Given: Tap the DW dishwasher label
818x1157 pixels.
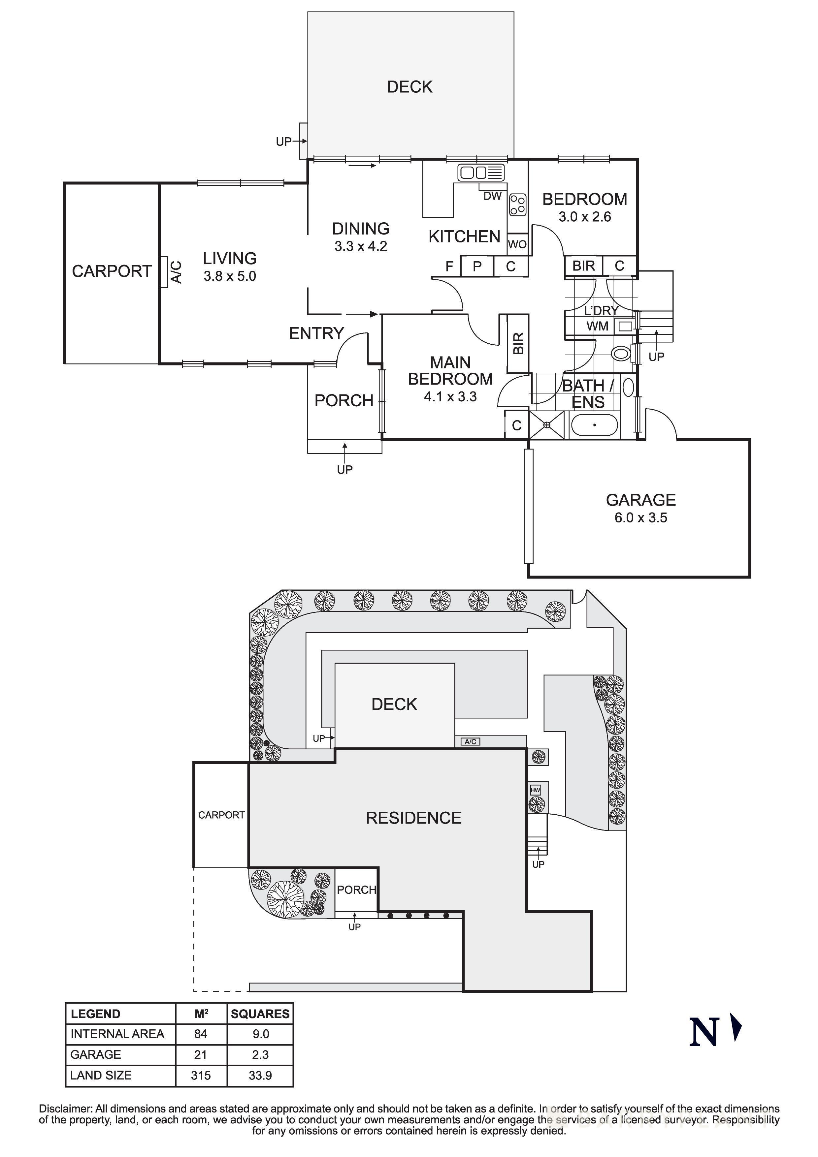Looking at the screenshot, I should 492,196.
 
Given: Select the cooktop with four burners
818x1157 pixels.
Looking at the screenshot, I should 518,204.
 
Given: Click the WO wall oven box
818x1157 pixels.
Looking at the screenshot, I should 517,244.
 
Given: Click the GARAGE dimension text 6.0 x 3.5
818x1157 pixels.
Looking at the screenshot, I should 640,517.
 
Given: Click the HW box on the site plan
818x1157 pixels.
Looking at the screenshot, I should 535,790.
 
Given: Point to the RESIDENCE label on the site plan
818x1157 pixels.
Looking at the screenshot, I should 413,818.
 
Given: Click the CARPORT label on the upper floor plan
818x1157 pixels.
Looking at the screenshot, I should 112,271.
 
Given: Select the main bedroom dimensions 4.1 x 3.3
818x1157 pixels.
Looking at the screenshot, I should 450,396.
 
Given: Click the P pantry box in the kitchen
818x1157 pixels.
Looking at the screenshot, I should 477,266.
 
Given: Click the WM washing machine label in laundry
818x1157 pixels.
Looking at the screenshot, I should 597,326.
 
